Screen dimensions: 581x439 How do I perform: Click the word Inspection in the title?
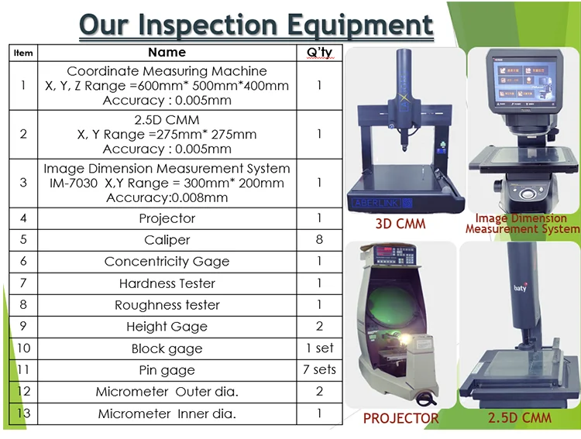click(209, 25)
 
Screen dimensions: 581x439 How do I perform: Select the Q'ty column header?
click(319, 53)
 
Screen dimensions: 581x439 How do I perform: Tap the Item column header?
click(23, 53)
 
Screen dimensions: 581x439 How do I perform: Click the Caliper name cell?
click(167, 240)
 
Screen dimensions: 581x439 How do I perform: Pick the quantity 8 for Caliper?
click(319, 240)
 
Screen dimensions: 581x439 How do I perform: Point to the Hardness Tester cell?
click(167, 283)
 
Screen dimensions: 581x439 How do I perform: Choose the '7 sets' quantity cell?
click(319, 369)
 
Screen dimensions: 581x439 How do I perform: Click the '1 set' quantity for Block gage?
click(320, 348)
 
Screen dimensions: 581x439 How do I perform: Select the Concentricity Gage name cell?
click(167, 262)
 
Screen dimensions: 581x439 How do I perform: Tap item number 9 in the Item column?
click(23, 326)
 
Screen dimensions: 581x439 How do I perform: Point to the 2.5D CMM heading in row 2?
click(167, 120)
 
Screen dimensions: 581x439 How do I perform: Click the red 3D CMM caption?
click(401, 224)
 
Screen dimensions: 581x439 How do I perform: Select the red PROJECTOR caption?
click(401, 418)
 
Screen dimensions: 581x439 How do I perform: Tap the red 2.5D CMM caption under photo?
click(520, 417)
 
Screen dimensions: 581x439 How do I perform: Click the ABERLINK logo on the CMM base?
click(382, 203)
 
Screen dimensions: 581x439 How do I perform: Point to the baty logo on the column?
click(521, 287)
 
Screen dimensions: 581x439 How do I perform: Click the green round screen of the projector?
click(393, 305)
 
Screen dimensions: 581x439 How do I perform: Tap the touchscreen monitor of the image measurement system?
click(524, 82)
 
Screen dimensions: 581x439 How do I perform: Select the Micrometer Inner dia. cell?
click(167, 413)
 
